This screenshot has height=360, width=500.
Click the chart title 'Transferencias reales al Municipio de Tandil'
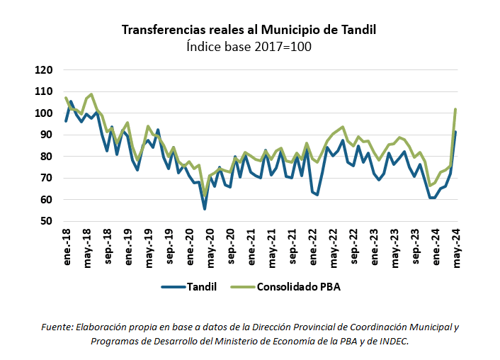[x=249, y=30]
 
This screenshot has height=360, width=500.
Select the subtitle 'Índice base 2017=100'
[x=249, y=47]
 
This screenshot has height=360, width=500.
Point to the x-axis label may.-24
[x=457, y=247]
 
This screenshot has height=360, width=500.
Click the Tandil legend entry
[x=188, y=287]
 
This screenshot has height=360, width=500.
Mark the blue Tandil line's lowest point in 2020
[x=205, y=208]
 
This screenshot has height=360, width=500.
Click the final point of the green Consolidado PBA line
[x=455, y=109]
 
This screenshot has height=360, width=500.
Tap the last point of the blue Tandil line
[x=455, y=132]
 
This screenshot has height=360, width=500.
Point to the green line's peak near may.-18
[x=91, y=94]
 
